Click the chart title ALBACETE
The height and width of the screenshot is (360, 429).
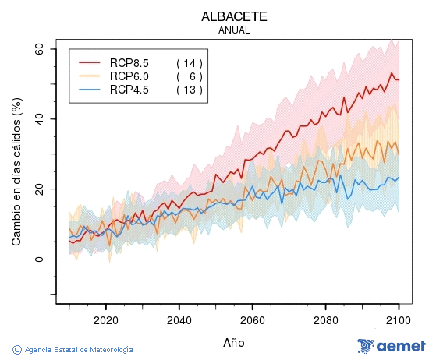pos(234,16)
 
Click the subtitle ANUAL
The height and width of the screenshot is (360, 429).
pos(234,30)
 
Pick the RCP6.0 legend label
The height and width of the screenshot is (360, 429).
pos(129,76)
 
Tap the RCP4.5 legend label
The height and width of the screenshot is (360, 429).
pos(129,90)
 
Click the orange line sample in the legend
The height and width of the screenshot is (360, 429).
pos(90,76)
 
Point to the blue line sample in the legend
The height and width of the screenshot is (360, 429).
pos(90,90)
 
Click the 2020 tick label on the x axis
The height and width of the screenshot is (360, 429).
pos(105,319)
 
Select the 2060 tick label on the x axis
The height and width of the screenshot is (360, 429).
pos(252,319)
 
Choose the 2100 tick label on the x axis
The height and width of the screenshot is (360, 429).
pos(399,319)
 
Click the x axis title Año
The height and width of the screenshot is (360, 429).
pos(234,342)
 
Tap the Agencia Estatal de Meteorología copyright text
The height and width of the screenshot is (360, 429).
pos(73,350)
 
